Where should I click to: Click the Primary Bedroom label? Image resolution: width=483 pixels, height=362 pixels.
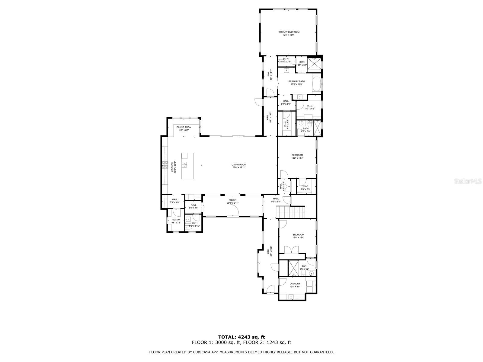[x=288, y=32]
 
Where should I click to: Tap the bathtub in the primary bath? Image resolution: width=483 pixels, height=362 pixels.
[x=316, y=84]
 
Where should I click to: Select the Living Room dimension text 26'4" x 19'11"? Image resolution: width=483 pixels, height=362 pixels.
[x=239, y=167]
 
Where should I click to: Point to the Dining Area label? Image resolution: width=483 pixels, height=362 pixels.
[x=184, y=127]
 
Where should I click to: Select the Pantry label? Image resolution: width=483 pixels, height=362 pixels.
[x=176, y=220]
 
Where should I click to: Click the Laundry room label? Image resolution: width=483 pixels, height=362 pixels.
[x=295, y=284]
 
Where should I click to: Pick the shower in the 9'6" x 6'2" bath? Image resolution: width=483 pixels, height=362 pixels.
[x=293, y=268]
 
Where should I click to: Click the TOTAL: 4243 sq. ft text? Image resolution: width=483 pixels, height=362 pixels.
[x=241, y=337]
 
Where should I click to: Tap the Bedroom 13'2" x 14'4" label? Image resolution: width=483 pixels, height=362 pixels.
[x=297, y=155]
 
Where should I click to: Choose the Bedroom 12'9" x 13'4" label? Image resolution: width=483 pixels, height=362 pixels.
[x=298, y=234]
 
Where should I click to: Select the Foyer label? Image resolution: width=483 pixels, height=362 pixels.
[x=232, y=200]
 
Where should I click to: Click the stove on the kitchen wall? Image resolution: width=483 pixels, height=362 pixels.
[x=165, y=164]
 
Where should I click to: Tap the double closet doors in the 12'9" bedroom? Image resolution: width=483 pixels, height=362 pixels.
[x=292, y=250]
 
